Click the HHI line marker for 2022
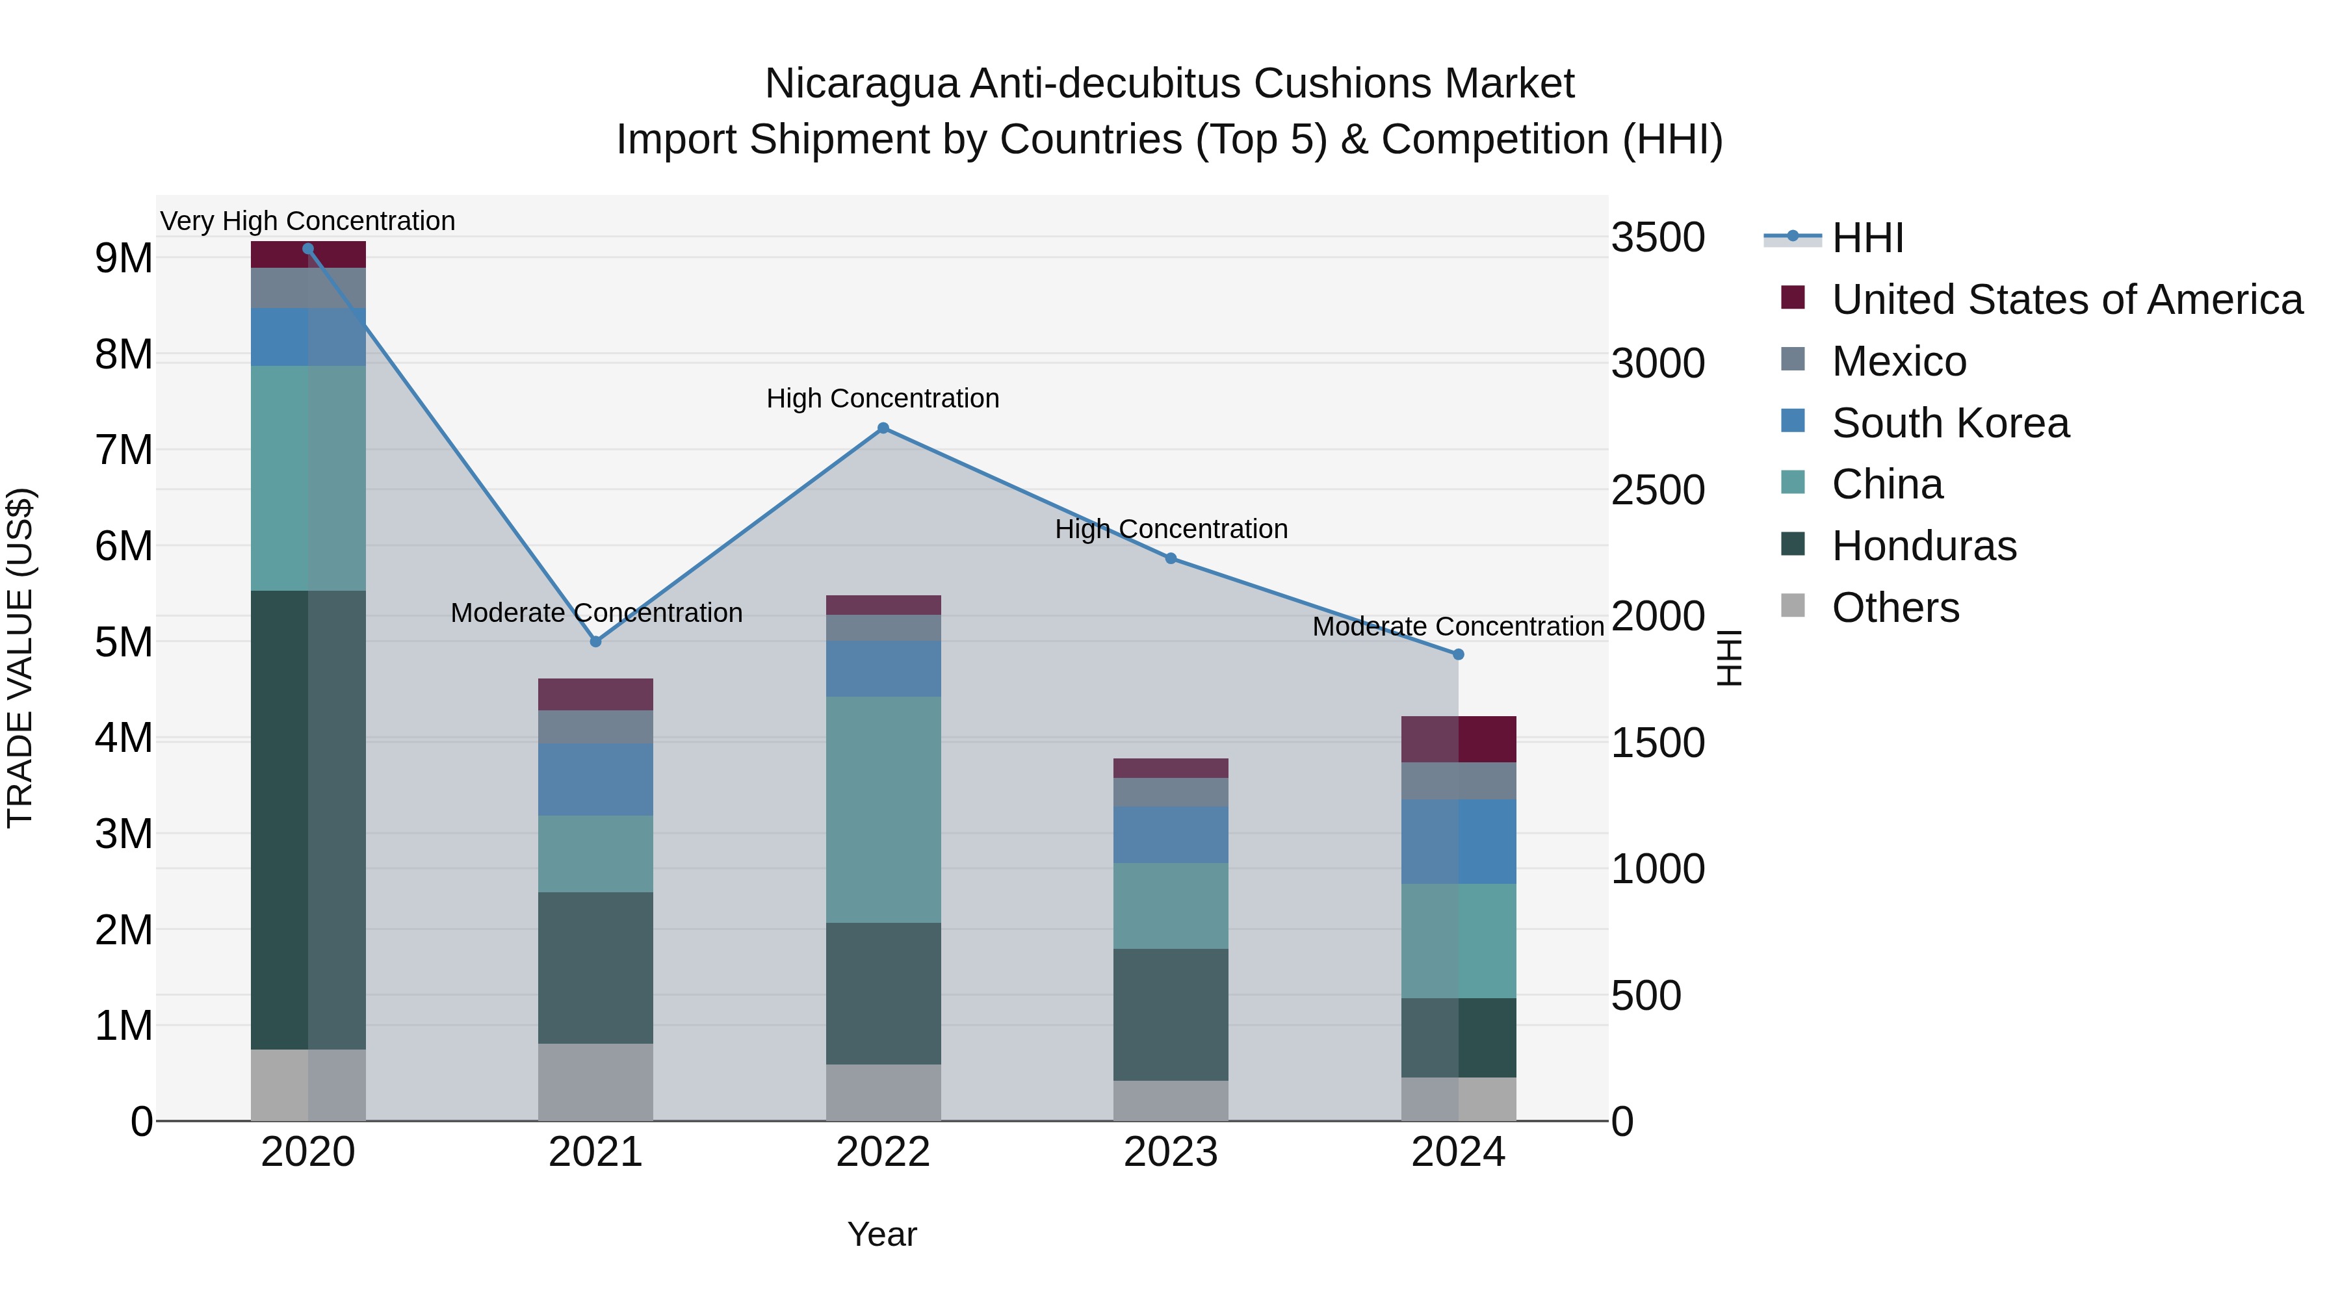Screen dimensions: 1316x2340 883,428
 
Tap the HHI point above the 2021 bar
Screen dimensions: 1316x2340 596,642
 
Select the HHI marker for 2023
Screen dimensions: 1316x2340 1171,558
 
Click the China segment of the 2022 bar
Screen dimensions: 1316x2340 883,809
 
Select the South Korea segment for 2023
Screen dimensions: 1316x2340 1171,834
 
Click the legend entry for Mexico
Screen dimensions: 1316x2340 1899,361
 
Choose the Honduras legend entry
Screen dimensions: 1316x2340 1923,546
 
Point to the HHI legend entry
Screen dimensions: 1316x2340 1867,238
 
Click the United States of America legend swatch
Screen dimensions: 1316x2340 1793,298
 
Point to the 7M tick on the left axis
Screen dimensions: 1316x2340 123,450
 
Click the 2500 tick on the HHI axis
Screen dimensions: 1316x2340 1657,491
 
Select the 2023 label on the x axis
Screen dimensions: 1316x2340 1171,1152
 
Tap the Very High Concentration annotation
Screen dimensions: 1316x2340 308,222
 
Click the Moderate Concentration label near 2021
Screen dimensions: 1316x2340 596,613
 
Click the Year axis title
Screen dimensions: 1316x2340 882,1234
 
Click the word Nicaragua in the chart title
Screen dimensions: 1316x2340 861,84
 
